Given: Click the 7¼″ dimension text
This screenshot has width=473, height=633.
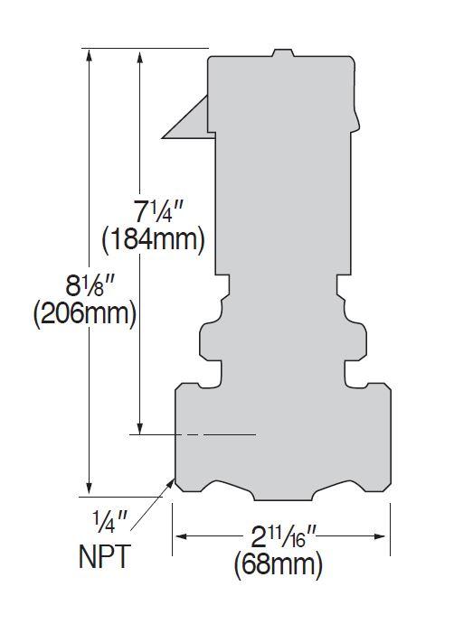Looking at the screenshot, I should coord(159,213).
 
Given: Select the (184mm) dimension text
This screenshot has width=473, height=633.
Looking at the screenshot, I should coord(154,240).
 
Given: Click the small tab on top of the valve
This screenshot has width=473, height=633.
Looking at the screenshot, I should coord(281,53).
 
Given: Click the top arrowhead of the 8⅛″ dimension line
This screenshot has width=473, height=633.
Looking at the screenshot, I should coord(89,54).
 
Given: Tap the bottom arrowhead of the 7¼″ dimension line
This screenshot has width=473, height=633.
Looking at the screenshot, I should coord(140,426).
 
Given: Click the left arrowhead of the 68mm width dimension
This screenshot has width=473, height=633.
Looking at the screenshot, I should coord(179,536).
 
